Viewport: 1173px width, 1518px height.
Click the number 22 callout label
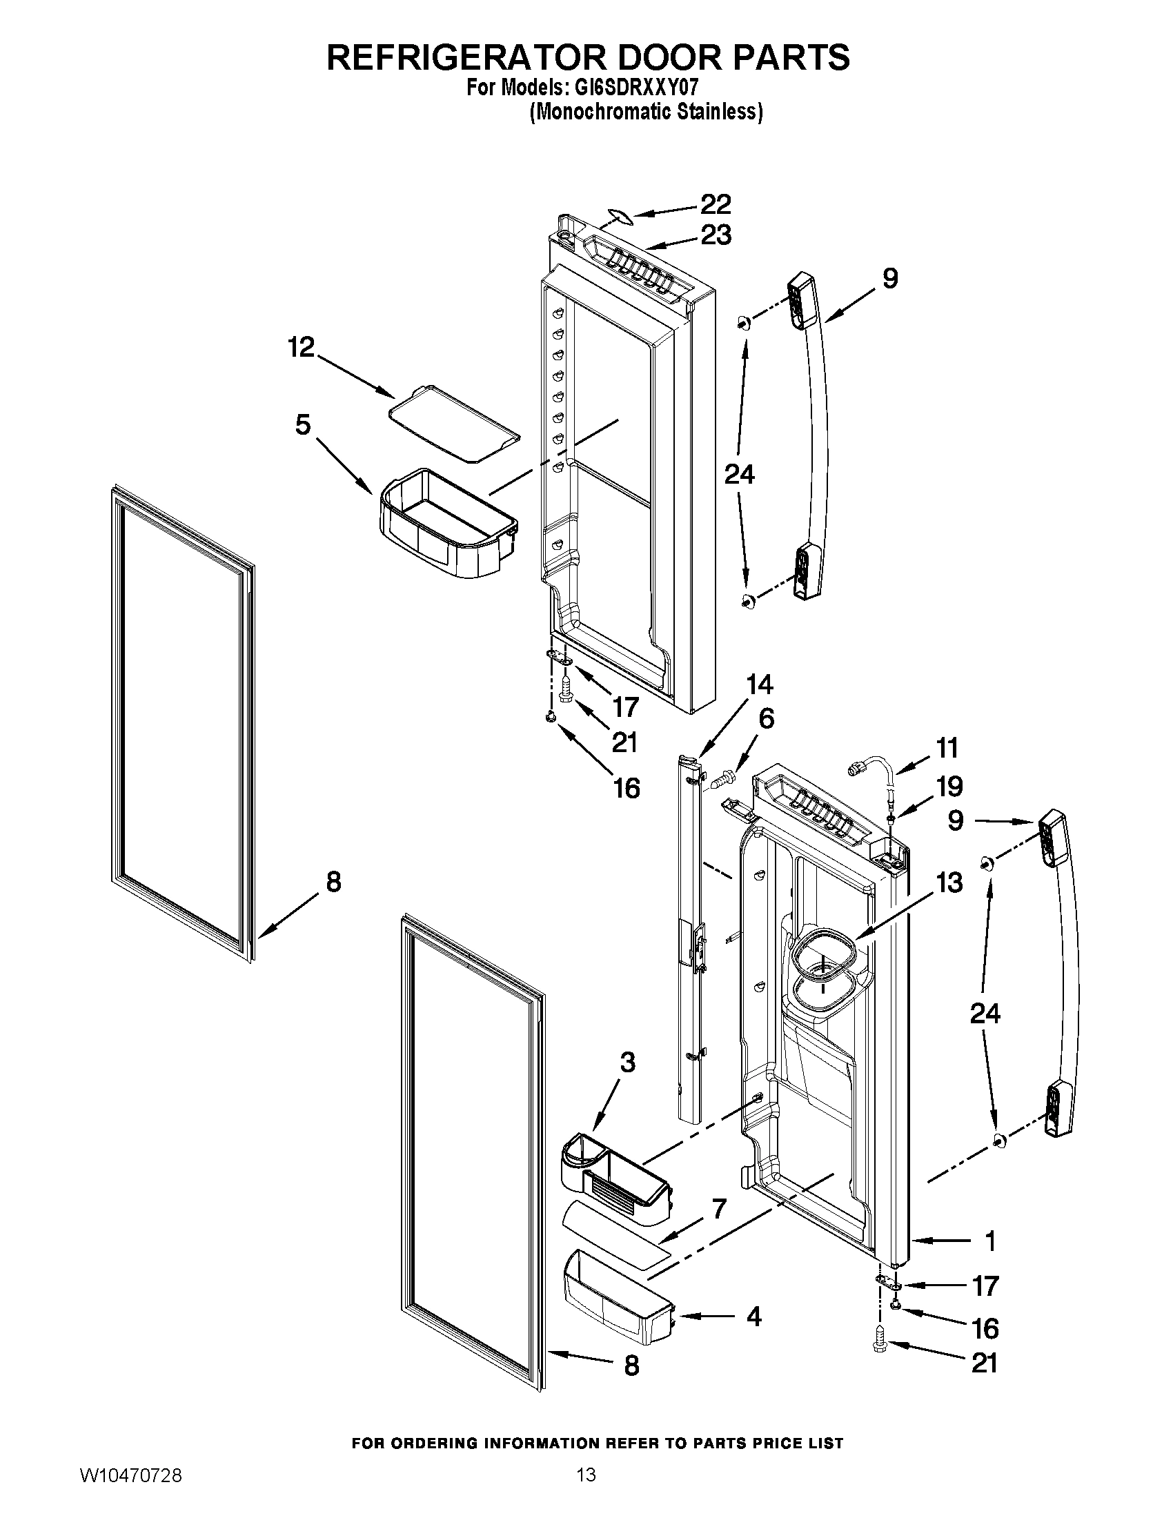[x=715, y=204]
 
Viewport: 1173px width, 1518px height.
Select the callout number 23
[x=716, y=235]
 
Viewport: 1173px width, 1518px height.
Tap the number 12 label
[x=302, y=347]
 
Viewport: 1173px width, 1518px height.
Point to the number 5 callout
[x=302, y=424]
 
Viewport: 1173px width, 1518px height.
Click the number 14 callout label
[x=760, y=684]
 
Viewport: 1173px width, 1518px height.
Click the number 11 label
[x=947, y=748]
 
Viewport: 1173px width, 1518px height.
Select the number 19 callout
[x=949, y=786]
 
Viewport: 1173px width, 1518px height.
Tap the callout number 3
[x=627, y=1063]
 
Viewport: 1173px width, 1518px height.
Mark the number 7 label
[x=719, y=1209]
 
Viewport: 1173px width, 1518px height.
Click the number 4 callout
[x=753, y=1317]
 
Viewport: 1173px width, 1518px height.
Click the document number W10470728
[x=132, y=1489]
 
